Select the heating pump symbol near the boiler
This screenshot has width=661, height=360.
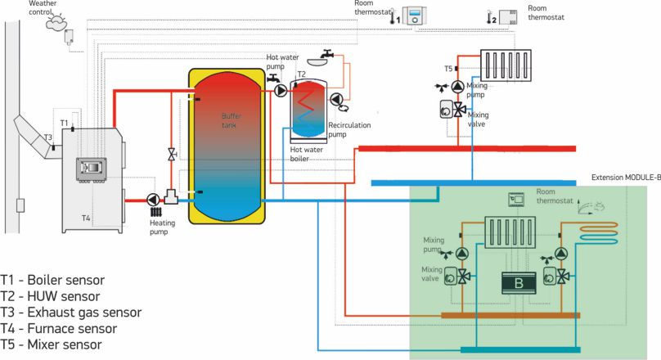[x=153, y=199]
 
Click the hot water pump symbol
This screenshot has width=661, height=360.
[x=281, y=90]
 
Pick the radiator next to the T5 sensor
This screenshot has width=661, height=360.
[x=506, y=63]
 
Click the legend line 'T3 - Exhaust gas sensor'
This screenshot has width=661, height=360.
[x=71, y=312]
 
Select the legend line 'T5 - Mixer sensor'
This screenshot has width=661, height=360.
[x=52, y=344]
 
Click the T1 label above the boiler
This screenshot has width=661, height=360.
[x=64, y=122]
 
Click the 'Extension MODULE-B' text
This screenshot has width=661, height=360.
[x=625, y=176]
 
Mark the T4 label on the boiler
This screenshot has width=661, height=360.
[x=86, y=218]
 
